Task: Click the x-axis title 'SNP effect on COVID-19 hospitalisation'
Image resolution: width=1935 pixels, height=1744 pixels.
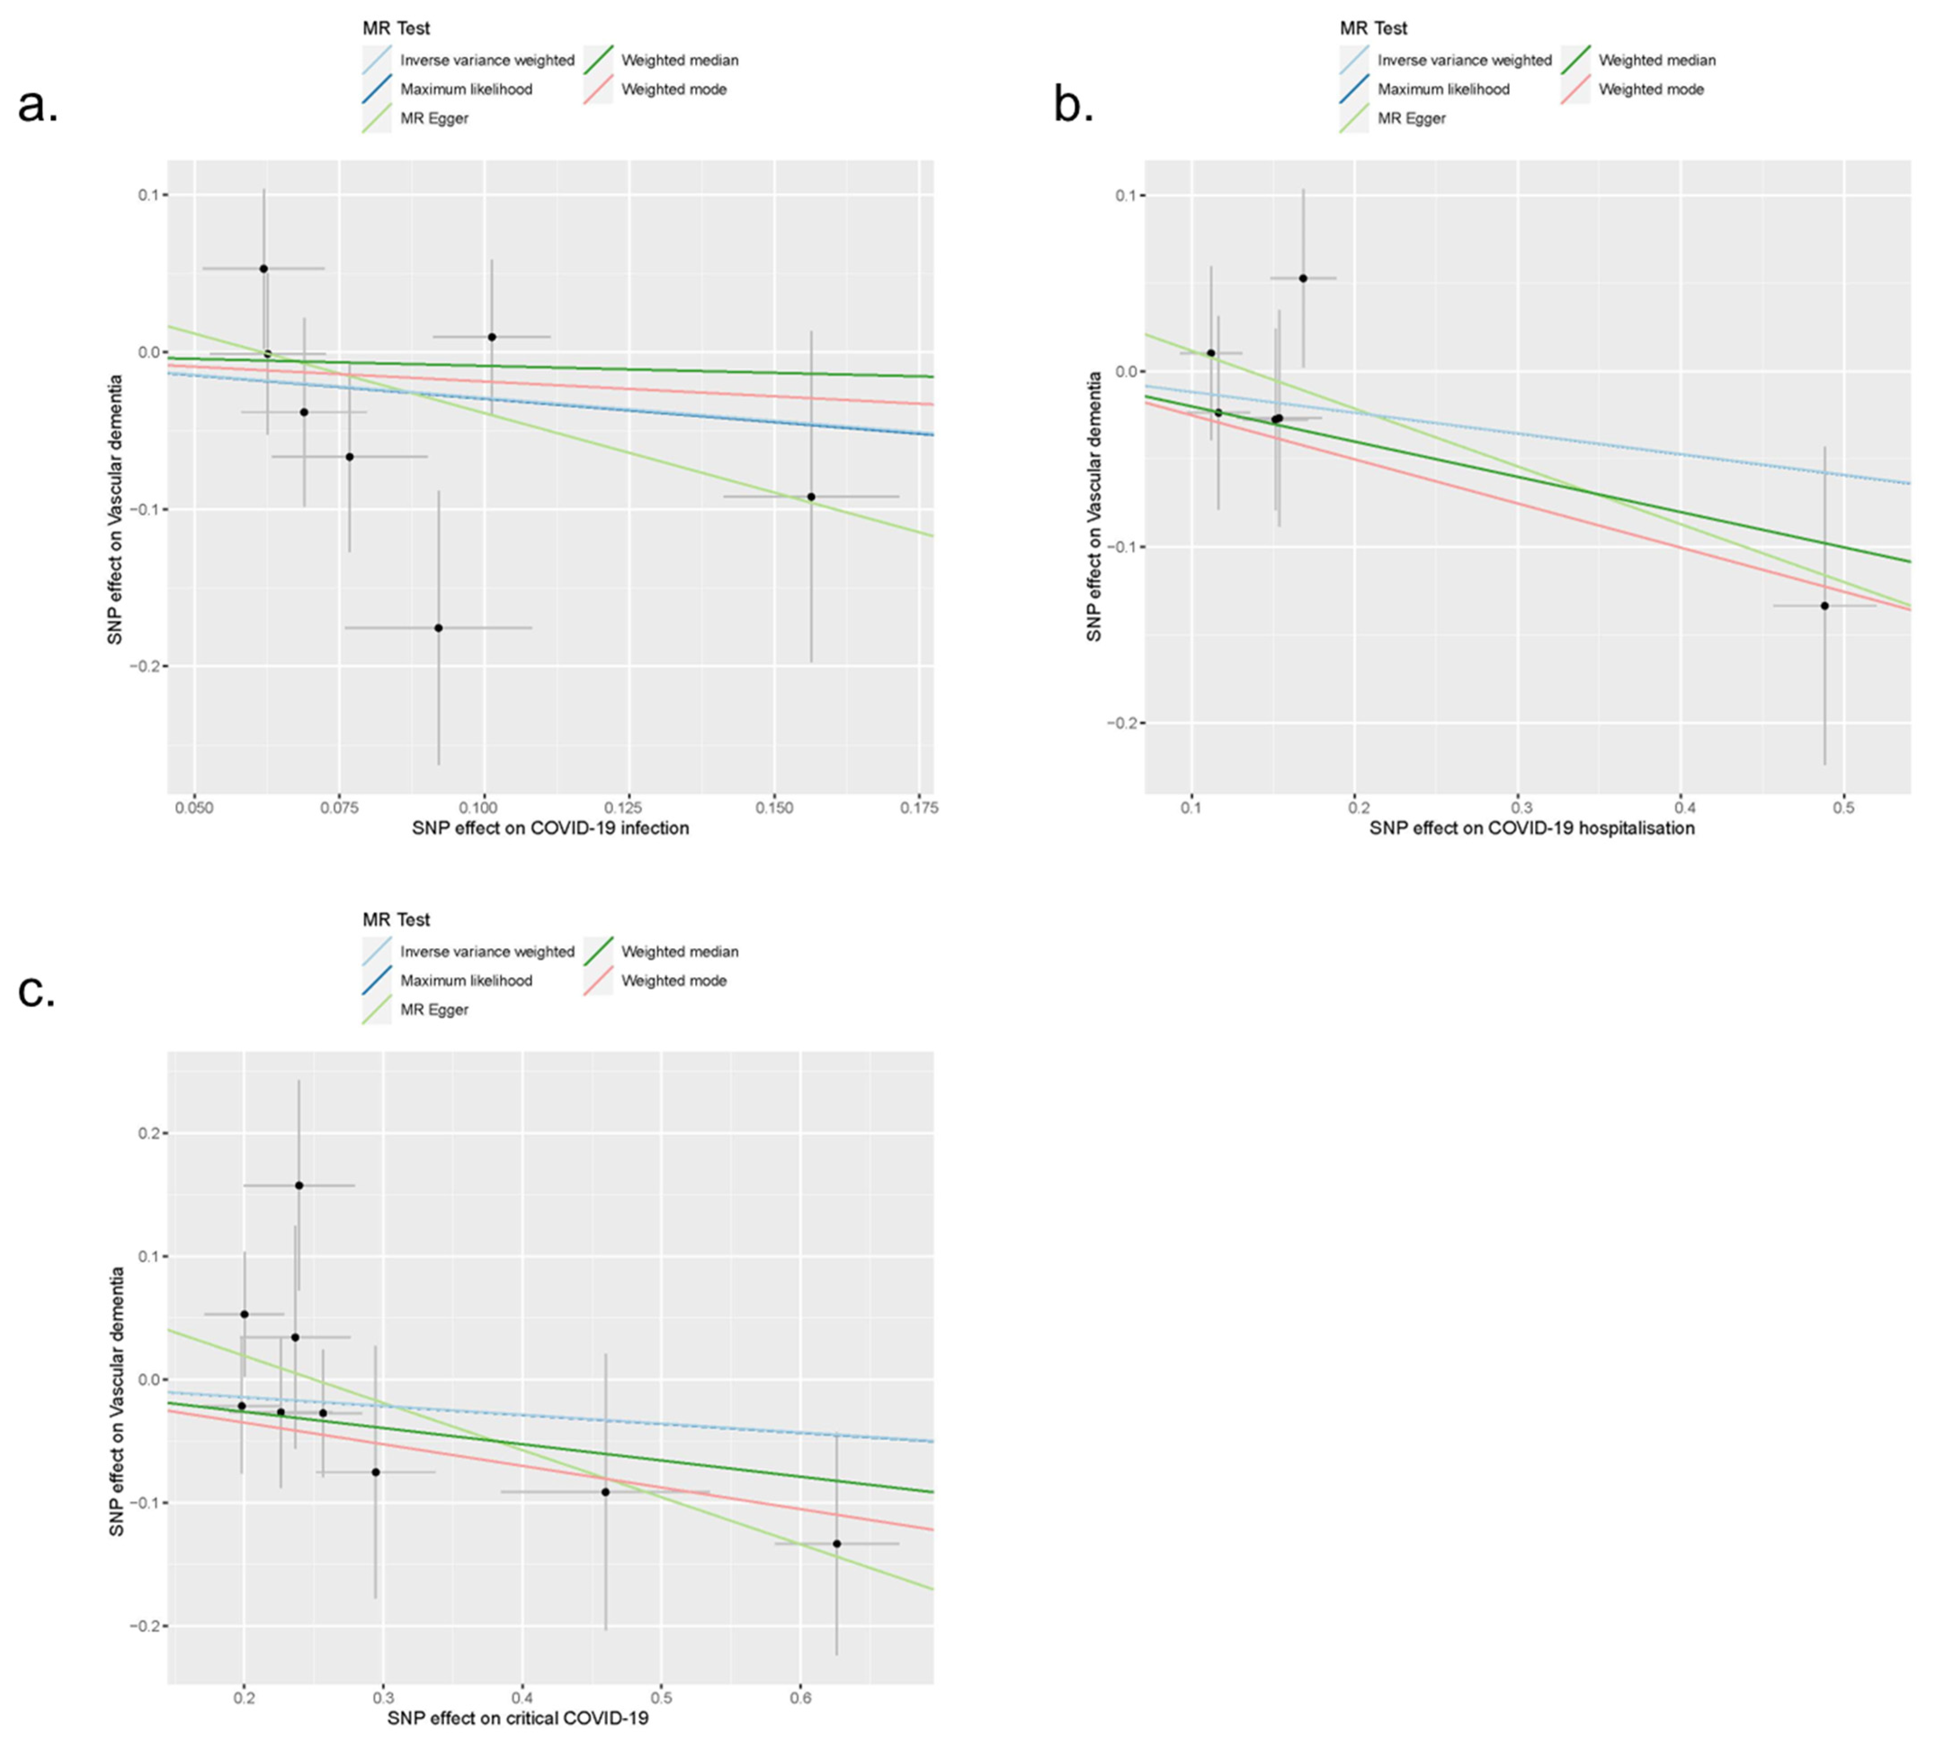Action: [x=1531, y=828]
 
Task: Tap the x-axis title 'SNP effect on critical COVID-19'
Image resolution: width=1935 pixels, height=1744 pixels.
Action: [x=517, y=1718]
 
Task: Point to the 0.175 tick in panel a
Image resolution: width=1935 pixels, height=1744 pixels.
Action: [x=918, y=808]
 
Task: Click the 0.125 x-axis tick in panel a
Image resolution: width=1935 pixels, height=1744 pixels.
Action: [x=629, y=808]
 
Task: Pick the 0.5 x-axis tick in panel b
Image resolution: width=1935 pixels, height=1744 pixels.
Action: [x=1843, y=808]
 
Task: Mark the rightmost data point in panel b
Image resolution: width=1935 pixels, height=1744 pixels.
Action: [x=1824, y=606]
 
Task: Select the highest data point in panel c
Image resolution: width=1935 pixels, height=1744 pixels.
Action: [x=299, y=1185]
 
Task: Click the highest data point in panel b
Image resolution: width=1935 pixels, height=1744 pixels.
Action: [x=1303, y=278]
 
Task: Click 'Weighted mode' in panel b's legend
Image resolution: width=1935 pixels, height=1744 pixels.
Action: [x=1650, y=89]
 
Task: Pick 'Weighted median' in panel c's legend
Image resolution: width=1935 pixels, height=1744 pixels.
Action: [x=679, y=952]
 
